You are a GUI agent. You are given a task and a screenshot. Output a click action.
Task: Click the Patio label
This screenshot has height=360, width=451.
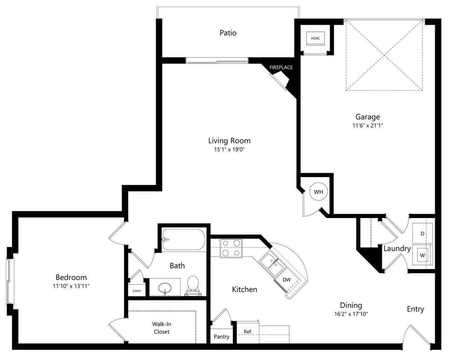(228, 33)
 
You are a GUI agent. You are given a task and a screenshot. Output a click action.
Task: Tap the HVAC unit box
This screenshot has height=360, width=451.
(315, 38)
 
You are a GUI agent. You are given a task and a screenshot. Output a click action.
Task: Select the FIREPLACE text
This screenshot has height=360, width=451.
(281, 67)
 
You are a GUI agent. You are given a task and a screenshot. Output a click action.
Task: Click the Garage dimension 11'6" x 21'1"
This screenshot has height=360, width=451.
(367, 126)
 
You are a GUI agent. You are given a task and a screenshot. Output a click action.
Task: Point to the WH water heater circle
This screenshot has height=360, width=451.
(318, 192)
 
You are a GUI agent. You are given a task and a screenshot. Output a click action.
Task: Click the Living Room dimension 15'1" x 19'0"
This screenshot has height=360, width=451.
(229, 149)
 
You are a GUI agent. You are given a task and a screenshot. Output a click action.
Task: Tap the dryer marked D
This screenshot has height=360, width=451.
(422, 234)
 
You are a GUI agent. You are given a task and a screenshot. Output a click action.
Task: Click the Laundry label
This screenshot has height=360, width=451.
(397, 249)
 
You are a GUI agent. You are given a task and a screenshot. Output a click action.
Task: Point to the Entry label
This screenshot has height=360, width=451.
(415, 309)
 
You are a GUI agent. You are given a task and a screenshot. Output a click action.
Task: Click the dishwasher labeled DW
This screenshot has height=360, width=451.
(287, 280)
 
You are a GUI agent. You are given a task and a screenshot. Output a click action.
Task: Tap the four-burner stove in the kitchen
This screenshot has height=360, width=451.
(231, 248)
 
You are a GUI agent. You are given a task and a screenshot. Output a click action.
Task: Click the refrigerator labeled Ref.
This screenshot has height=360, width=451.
(247, 331)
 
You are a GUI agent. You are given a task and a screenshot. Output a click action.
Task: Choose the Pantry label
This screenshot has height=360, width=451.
(221, 337)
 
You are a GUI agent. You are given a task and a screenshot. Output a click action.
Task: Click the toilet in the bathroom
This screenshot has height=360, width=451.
(193, 285)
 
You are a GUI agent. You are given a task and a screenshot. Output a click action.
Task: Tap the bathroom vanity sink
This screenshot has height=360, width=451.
(164, 288)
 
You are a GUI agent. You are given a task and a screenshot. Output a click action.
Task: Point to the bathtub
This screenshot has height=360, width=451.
(183, 240)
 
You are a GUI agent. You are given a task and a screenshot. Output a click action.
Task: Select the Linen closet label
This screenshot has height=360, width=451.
(137, 291)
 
